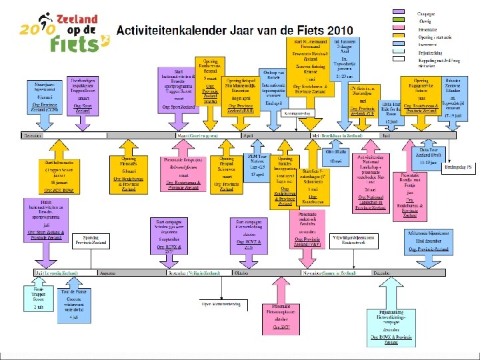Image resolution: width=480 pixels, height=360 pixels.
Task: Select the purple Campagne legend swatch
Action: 401,13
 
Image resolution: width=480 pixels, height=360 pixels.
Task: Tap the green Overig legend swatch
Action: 401,21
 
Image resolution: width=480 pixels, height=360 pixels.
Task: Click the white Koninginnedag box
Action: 297,114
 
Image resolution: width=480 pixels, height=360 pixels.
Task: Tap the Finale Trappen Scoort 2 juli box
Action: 37,298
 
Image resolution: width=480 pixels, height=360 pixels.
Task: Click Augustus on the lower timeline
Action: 107,273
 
